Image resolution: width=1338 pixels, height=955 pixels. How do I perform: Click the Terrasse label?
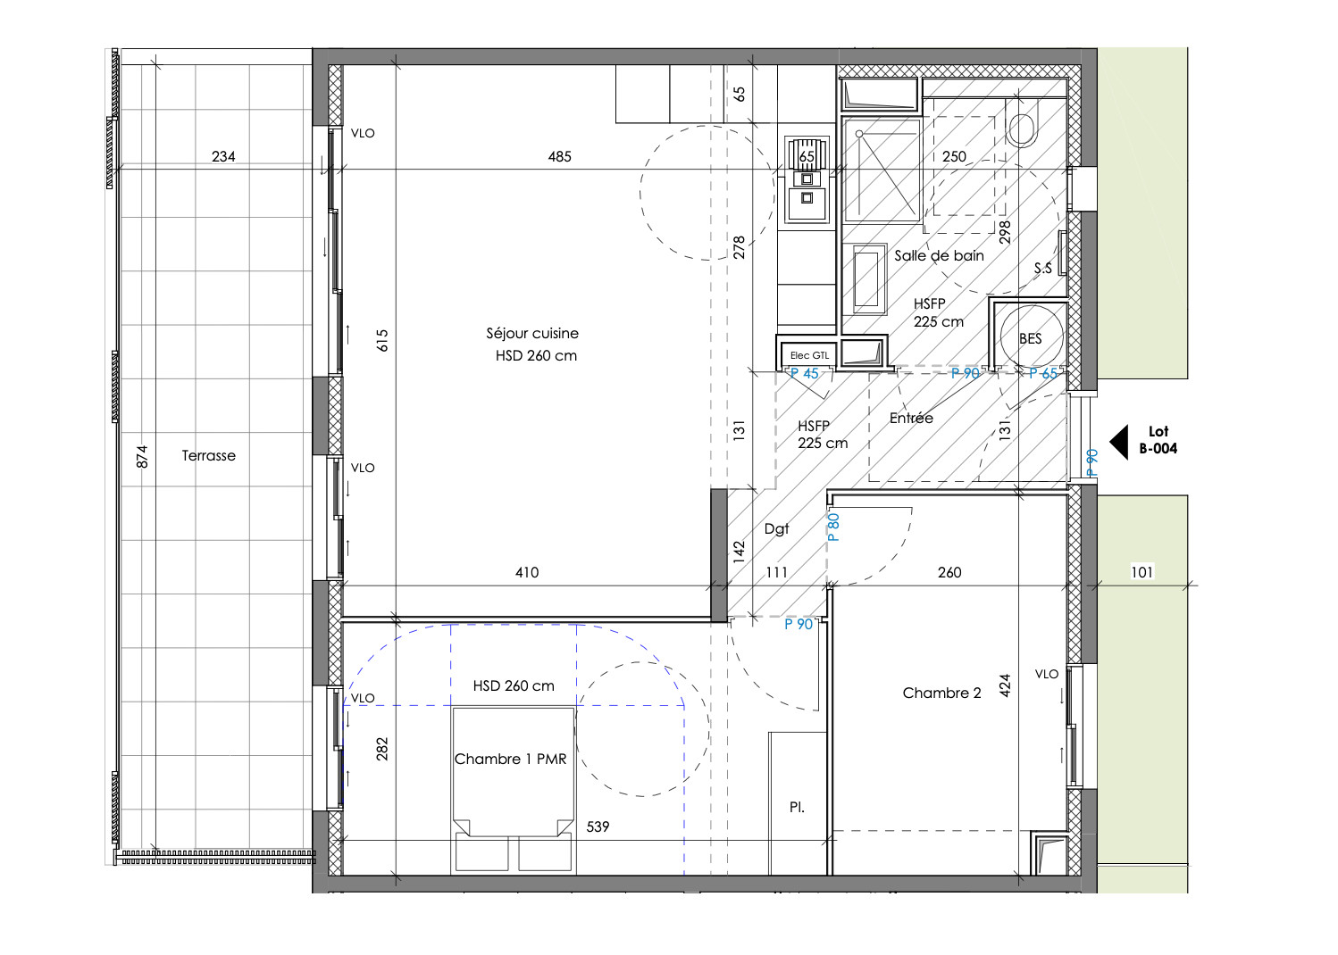[208, 455]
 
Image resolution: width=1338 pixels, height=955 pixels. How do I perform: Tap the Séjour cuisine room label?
[532, 333]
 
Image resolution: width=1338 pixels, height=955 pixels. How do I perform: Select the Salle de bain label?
[939, 255]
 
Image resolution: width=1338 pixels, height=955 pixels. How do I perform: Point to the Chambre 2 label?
[941, 693]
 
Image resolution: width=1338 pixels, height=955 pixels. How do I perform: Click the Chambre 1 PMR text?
[510, 759]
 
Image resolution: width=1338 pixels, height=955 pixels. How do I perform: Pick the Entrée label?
[911, 418]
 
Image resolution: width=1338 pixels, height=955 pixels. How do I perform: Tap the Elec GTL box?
[809, 355]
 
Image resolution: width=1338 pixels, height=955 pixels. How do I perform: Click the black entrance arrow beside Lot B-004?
[1119, 443]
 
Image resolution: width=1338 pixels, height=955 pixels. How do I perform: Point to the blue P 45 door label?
[804, 374]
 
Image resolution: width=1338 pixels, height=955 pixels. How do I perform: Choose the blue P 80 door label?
[834, 527]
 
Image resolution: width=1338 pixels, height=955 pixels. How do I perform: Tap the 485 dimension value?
[560, 156]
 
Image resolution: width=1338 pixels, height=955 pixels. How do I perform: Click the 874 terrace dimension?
[141, 457]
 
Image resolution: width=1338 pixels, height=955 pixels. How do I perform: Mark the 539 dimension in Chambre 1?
[598, 826]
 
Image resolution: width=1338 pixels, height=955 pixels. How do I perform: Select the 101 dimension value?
[1141, 572]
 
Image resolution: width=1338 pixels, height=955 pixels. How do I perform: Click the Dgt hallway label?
[776, 529]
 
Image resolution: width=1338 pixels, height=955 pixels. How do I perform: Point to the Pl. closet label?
[797, 807]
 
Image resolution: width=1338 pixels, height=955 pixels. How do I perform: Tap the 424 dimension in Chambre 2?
[1005, 685]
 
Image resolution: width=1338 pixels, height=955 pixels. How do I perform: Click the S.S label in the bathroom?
[1043, 268]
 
